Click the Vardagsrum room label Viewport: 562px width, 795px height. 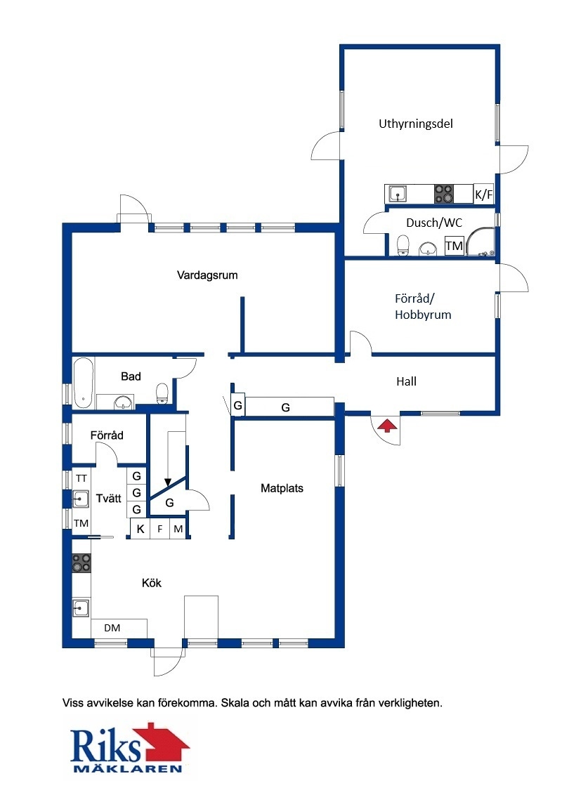pyautogui.click(x=207, y=275)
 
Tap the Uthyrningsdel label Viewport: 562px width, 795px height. pyautogui.click(x=415, y=124)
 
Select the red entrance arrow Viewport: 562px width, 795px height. pyautogui.click(x=388, y=426)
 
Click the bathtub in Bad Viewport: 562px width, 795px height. pyautogui.click(x=84, y=383)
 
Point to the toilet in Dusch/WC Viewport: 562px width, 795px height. pyautogui.click(x=403, y=245)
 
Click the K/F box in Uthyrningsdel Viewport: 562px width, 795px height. pyautogui.click(x=483, y=195)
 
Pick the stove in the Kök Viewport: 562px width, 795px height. pyautogui.click(x=81, y=563)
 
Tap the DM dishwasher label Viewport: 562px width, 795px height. pyautogui.click(x=112, y=628)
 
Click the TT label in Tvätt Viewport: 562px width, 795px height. pyautogui.click(x=81, y=478)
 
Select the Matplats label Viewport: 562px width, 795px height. pyautogui.click(x=282, y=488)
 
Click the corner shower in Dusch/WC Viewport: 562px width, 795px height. pyautogui.click(x=480, y=242)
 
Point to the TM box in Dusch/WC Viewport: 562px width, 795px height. pyautogui.click(x=454, y=246)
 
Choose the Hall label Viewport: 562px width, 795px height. pyautogui.click(x=406, y=381)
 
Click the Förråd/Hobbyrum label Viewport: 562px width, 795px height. pyautogui.click(x=423, y=307)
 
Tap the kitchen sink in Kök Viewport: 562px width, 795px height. pyautogui.click(x=81, y=607)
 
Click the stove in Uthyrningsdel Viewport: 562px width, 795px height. pyautogui.click(x=443, y=194)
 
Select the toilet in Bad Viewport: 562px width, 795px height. pyautogui.click(x=162, y=393)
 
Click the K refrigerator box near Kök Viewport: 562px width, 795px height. pyautogui.click(x=140, y=529)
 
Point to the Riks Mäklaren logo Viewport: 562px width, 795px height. pyautogui.click(x=129, y=749)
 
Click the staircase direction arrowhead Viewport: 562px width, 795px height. pyautogui.click(x=168, y=482)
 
